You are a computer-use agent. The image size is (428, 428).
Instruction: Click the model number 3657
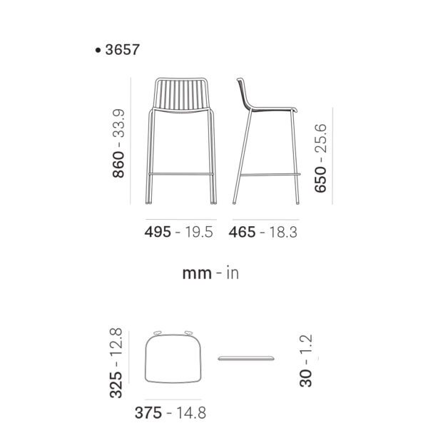click(x=122, y=50)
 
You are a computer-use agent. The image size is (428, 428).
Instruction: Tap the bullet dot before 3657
click(x=98, y=50)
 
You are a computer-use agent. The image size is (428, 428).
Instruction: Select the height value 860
click(x=118, y=164)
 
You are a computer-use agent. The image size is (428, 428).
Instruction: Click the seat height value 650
click(x=320, y=179)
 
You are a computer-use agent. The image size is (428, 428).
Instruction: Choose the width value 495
click(x=158, y=232)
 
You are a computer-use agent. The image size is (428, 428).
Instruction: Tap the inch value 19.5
click(x=199, y=232)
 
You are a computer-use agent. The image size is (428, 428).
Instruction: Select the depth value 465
click(x=242, y=232)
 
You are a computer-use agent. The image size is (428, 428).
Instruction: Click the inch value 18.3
click(x=283, y=232)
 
